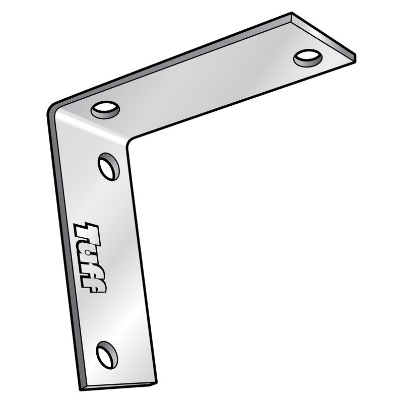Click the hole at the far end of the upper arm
pos(308,58)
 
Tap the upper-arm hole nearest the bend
pos(105,109)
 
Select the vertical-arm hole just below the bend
pos(109,167)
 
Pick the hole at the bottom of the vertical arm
pos(107,354)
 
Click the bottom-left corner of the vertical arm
pos(81,388)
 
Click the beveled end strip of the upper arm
pos(322,33)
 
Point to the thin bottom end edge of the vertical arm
pos(119,386)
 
